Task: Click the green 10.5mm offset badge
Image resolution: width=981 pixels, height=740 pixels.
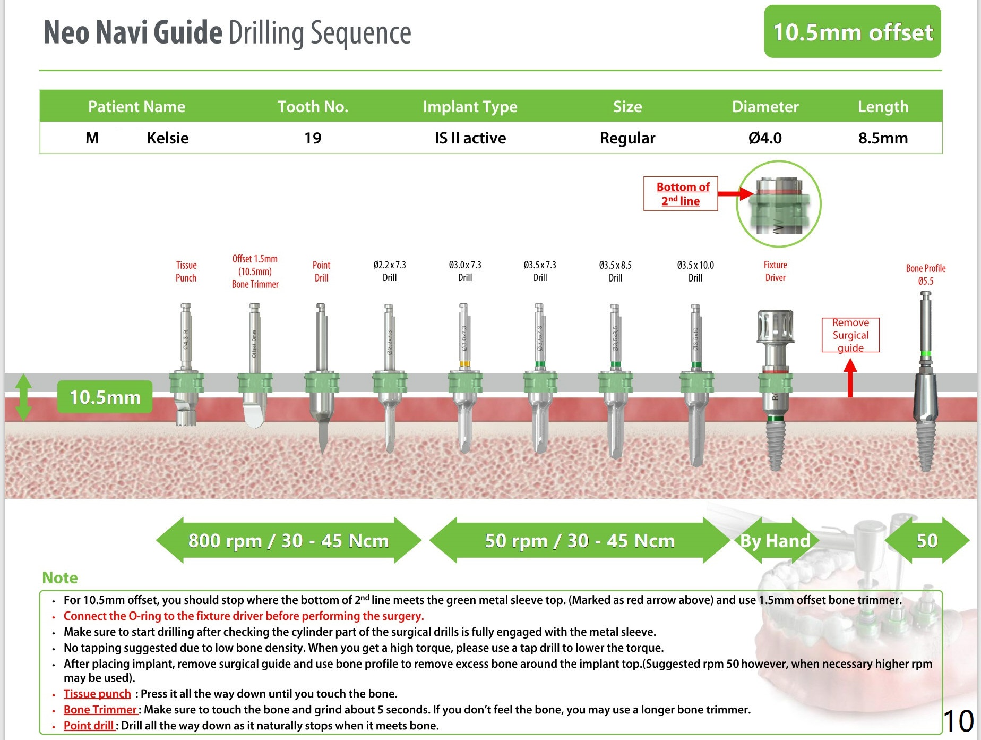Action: click(852, 32)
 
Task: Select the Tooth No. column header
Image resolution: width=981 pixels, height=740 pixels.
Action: click(313, 107)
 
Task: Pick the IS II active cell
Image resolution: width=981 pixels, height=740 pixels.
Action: click(470, 138)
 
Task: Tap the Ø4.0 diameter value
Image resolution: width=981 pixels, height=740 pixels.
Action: click(765, 138)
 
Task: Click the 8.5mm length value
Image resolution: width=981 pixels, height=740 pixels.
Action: click(883, 138)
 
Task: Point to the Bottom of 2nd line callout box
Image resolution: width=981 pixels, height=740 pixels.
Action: click(681, 194)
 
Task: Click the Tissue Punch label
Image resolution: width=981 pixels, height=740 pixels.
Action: click(186, 271)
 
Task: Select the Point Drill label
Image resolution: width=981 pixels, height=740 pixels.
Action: click(321, 271)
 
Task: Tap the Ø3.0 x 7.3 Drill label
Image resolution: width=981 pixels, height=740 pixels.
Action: click(465, 271)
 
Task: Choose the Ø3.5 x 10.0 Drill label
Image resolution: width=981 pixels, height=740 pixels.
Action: click(695, 271)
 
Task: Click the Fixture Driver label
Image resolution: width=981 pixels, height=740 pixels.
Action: click(775, 271)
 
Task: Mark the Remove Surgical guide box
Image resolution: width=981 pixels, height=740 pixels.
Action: click(850, 335)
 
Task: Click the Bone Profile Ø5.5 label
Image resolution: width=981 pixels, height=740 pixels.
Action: click(925, 275)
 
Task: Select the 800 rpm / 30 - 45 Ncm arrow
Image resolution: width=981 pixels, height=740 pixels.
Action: click(288, 541)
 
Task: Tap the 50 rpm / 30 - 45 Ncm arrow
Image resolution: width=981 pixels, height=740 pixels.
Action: click(580, 541)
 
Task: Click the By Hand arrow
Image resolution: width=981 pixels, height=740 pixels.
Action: click(776, 541)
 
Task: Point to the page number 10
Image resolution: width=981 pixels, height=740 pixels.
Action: click(959, 721)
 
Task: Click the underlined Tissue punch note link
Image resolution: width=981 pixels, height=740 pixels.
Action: click(97, 694)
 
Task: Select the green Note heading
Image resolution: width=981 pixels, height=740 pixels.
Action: click(60, 578)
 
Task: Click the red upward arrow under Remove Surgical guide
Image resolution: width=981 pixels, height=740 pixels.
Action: click(850, 378)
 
